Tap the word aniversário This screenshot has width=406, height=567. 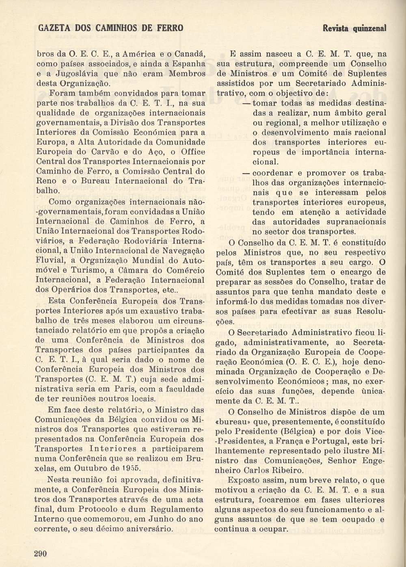147,529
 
